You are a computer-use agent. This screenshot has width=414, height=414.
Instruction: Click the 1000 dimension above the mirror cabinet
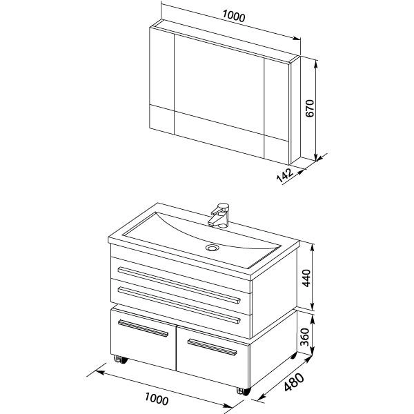coord(234,16)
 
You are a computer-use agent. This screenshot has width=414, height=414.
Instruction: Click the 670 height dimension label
coord(310,108)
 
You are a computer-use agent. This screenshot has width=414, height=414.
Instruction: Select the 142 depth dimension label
coord(284,175)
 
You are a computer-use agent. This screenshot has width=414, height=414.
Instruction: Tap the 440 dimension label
coord(306,278)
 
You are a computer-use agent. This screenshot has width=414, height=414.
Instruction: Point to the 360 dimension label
coord(305,337)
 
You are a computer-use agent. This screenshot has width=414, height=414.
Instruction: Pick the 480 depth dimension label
coord(294,382)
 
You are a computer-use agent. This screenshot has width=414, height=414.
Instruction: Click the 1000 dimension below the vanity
coord(157,399)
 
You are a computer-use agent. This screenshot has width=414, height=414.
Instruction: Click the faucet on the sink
coord(219,215)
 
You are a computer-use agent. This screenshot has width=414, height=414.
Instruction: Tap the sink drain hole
coord(212,248)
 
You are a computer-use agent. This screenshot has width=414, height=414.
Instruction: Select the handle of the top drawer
coord(179,285)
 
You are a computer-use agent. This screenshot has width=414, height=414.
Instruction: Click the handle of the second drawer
coord(179,305)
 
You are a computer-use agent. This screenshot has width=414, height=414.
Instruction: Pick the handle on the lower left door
coord(143,328)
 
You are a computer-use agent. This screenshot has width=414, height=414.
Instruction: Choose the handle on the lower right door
coord(212,347)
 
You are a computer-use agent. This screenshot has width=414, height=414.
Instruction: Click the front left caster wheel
coord(120,359)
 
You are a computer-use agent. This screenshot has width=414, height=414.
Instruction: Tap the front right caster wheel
coord(243,391)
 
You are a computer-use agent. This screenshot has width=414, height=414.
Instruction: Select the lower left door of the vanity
coord(144,339)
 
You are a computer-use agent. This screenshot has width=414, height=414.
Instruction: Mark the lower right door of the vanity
coord(213,357)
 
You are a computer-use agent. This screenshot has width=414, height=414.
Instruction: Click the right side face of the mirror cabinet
coord(295,110)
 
